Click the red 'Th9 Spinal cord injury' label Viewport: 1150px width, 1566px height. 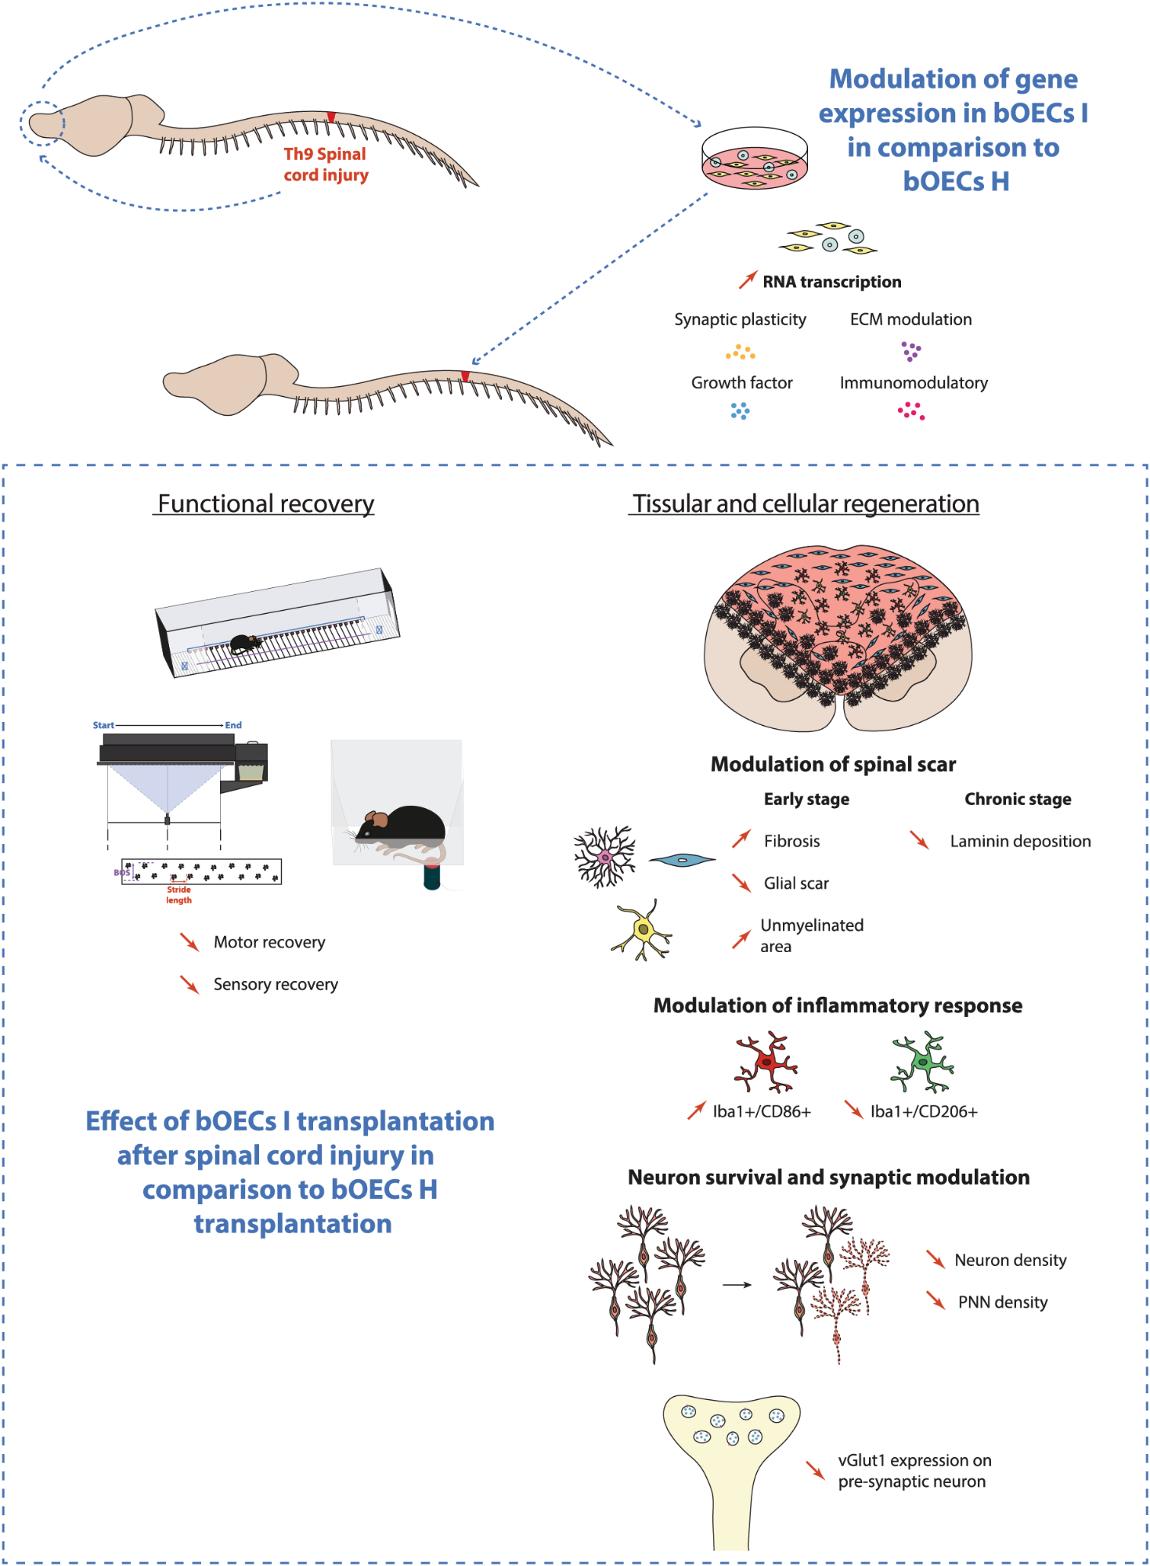pos(326,164)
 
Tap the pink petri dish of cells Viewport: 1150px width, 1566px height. pos(754,160)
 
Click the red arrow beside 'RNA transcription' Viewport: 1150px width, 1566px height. pos(748,280)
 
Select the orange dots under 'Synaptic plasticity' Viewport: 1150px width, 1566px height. pos(740,352)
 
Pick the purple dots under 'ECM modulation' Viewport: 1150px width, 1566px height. pos(910,351)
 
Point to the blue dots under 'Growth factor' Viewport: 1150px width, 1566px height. pos(740,411)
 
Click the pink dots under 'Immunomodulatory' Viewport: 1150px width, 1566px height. pos(911,411)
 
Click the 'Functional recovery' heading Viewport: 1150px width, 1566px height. pos(265,503)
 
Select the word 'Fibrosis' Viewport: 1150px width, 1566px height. pos(791,841)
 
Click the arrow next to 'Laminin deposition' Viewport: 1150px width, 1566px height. pos(919,840)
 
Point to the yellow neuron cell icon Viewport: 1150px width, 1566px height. pos(643,930)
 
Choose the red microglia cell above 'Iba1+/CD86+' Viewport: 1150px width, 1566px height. pos(766,1063)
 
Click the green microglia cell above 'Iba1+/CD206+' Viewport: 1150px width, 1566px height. pos(923,1063)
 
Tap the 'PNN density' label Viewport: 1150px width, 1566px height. pos(1002,1302)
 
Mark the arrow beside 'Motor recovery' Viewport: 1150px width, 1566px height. pos(189,941)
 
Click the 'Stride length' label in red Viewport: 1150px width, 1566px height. pos(178,895)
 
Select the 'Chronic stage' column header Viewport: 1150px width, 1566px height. pos(1017,799)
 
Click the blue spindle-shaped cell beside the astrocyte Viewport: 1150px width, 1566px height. pos(682,860)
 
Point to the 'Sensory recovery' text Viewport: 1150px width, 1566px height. pos(276,984)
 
